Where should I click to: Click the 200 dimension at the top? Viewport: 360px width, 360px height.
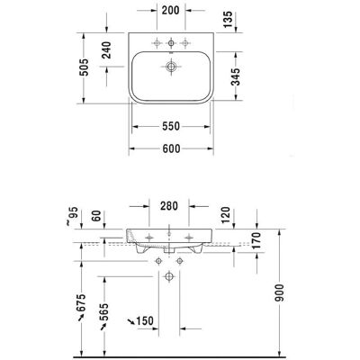(x=171, y=10)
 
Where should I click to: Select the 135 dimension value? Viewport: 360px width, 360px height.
(x=228, y=20)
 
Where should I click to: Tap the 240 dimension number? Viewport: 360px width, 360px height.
(x=106, y=49)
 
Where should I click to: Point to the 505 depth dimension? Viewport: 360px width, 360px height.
(x=85, y=67)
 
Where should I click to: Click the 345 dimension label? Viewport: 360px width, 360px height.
(x=237, y=76)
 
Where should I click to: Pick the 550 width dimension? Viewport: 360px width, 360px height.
(x=171, y=126)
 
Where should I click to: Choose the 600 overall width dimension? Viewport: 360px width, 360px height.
(x=171, y=148)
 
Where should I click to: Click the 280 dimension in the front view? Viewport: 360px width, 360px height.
(x=169, y=206)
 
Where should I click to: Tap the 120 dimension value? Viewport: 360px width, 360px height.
(x=226, y=215)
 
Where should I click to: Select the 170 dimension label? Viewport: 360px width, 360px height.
(x=256, y=241)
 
